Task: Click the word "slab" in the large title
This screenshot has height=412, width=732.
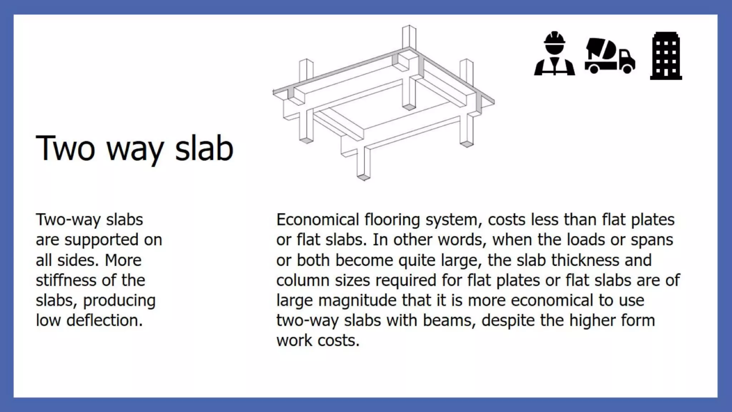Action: [204, 148]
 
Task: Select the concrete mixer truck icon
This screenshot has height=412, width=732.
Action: [610, 56]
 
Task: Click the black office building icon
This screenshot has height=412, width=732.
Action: [666, 56]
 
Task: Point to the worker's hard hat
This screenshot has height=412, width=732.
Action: [554, 38]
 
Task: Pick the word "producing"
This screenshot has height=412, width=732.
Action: [119, 300]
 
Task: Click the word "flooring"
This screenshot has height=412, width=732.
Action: [392, 220]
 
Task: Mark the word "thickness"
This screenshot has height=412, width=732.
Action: [585, 260]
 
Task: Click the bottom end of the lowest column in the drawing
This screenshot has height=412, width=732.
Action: [363, 177]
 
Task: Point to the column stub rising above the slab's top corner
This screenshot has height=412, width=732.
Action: [409, 36]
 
